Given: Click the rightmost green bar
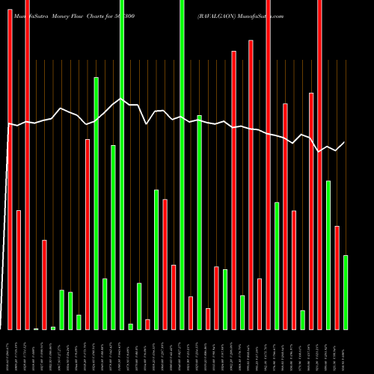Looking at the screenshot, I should coord(346,292).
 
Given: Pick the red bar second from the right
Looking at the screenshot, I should coord(337,277).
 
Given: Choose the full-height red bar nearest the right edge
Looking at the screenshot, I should coord(319,165).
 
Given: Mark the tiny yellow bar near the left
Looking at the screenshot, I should coord(36,328).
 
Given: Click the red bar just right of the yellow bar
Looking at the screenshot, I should coord(44,284).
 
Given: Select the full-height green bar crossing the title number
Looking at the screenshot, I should coord(122,165).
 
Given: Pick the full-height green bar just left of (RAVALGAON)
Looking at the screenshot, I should coord(182,165).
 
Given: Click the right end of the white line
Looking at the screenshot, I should coord(345,142).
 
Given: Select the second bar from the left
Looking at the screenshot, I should coord(19,269).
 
